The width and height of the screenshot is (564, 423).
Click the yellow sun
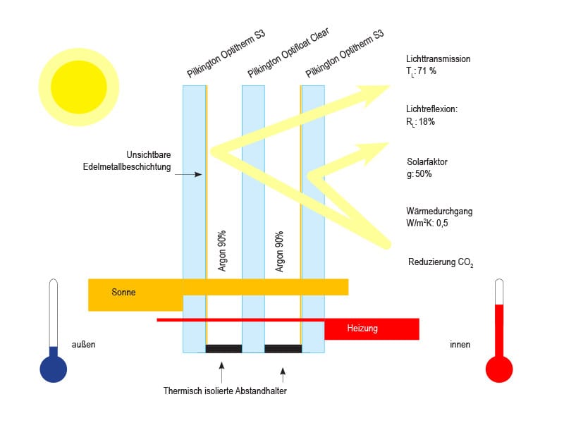pos(79,87)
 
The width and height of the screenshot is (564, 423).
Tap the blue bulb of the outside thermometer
pos(54,369)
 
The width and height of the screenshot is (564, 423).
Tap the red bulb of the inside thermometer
pos(499,369)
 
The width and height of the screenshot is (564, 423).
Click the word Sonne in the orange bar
pos(123,292)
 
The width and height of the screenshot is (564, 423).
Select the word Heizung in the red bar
pos(362,328)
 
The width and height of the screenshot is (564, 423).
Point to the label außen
pos(83,344)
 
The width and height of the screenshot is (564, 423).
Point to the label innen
pos(460,344)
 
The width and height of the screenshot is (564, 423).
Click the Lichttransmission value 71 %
pos(427,71)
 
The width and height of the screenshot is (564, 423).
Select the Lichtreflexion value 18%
pos(427,121)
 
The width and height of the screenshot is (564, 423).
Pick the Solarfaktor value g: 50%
pos(419,174)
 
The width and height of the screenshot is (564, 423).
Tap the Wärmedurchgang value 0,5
pos(442,223)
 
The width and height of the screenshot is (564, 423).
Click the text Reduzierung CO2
pos(441,262)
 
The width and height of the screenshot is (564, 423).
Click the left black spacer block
pos(223,348)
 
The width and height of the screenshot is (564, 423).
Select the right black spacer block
pos(283,348)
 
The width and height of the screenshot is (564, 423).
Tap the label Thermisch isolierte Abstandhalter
pos(225,391)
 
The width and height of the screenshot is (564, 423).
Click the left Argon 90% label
pos(222,251)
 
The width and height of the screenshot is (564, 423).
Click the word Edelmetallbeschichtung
pos(127,167)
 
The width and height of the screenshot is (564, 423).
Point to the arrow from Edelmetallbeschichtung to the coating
pos(188,174)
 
